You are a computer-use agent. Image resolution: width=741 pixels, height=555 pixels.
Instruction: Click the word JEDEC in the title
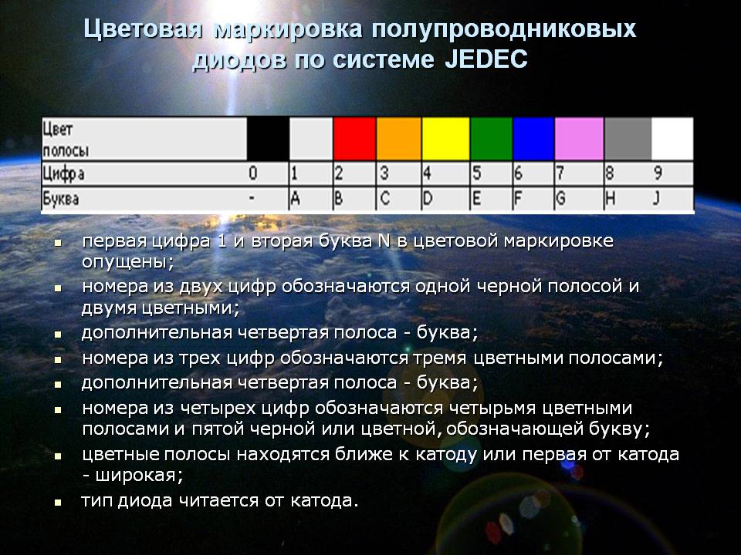[486, 60]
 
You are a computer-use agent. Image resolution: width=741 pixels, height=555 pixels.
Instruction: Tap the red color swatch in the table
[354, 139]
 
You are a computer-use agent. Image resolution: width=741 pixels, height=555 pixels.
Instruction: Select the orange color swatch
[399, 139]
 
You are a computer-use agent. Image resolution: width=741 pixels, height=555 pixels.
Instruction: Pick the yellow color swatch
[445, 139]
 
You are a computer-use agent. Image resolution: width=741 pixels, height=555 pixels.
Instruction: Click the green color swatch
[492, 139]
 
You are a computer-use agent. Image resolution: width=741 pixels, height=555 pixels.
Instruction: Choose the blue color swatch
[533, 139]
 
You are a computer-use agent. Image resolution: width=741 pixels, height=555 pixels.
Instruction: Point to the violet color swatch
[579, 139]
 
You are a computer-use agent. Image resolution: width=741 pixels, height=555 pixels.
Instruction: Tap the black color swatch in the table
[268, 139]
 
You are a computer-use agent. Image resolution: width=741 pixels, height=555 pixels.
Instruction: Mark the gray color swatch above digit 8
[628, 139]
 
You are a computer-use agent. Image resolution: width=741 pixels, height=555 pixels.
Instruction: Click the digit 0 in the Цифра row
[253, 173]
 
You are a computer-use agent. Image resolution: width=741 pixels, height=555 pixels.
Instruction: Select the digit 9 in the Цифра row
[658, 173]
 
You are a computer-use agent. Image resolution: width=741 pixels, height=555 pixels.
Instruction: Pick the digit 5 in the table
[476, 173]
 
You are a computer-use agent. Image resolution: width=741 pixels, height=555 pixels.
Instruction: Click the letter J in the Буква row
[656, 199]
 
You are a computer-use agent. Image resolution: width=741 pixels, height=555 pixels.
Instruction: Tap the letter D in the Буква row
[428, 199]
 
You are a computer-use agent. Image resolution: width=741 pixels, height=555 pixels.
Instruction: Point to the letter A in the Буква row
[295, 199]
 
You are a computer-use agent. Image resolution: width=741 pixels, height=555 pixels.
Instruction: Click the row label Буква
[60, 199]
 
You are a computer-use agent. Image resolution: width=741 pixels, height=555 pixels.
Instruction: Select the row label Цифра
[63, 174]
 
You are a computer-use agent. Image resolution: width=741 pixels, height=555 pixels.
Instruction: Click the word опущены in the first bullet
[128, 261]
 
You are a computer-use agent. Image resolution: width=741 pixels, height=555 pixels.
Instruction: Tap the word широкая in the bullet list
[140, 475]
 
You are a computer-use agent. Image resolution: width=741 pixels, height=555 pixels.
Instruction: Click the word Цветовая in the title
[143, 29]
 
